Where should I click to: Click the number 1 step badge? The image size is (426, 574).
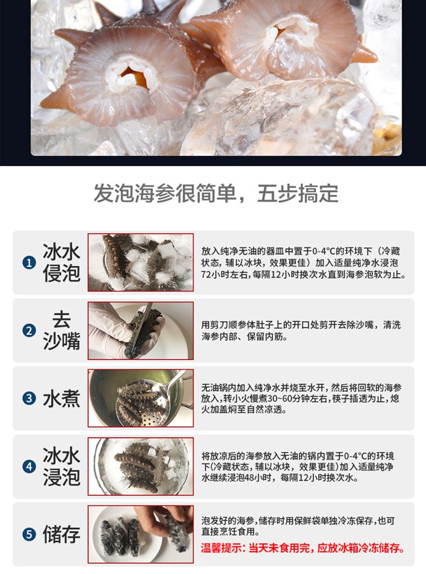[29, 262]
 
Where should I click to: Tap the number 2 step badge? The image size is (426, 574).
[29, 330]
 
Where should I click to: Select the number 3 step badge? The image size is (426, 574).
[29, 398]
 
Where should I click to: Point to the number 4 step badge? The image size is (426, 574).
[29, 466]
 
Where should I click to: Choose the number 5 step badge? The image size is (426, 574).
[29, 534]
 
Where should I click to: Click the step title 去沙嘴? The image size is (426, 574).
[61, 330]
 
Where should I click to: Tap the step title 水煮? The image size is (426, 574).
[61, 398]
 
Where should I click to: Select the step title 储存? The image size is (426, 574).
[61, 534]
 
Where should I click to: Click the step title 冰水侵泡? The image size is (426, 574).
[61, 262]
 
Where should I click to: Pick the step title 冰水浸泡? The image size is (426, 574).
[61, 466]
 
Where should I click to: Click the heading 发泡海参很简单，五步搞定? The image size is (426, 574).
[216, 193]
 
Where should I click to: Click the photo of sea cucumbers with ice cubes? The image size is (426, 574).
[141, 262]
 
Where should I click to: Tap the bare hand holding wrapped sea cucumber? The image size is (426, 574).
[167, 520]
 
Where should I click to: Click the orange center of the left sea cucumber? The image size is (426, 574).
[134, 78]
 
